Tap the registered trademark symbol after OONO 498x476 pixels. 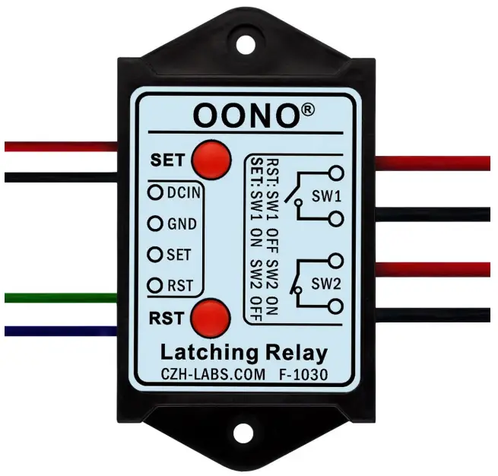point(307,109)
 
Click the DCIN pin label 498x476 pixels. point(183,192)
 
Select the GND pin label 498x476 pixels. point(182,224)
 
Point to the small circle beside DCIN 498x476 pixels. point(156,192)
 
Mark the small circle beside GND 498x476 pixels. point(156,224)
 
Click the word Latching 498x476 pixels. point(205,352)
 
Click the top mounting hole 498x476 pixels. point(247,43)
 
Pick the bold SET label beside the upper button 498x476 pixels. point(167,160)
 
